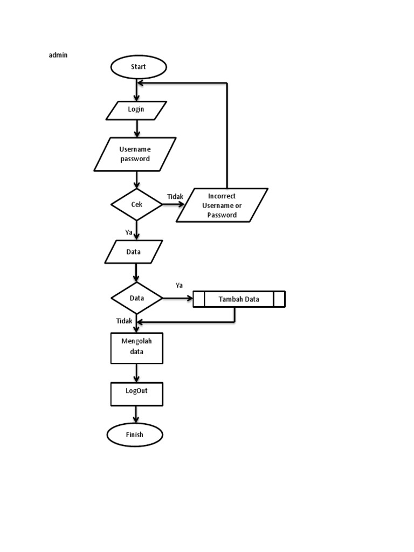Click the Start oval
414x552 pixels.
click(139, 67)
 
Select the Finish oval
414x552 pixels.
click(135, 434)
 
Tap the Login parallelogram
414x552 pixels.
click(136, 110)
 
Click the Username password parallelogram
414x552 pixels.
click(135, 154)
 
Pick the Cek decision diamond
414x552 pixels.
click(136, 204)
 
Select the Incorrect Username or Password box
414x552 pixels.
click(222, 205)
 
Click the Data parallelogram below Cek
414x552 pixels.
click(134, 252)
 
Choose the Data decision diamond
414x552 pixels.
click(136, 298)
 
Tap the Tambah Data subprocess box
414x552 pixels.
click(239, 299)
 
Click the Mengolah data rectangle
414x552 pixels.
click(136, 348)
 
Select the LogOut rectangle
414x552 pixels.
click(136, 394)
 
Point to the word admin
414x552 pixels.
click(58, 55)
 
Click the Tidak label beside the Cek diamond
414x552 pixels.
click(175, 197)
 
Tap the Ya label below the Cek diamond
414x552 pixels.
click(129, 232)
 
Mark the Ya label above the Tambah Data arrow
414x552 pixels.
click(179, 285)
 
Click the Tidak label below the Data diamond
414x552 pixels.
click(124, 321)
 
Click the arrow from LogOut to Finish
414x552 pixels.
click(136, 414)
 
